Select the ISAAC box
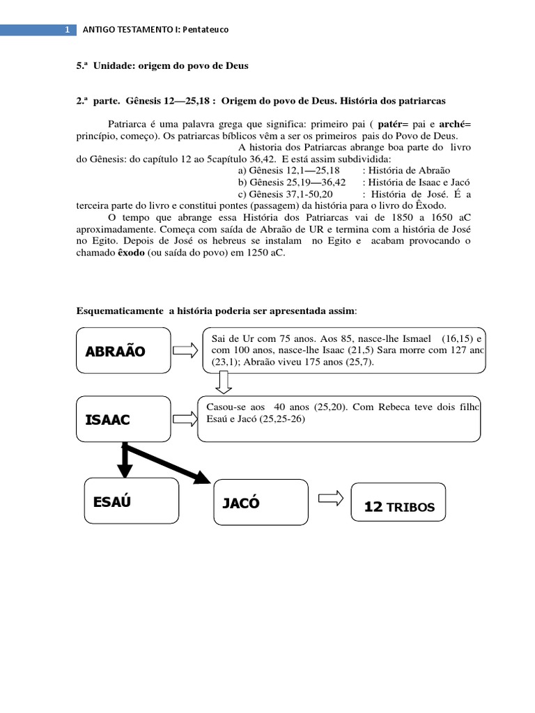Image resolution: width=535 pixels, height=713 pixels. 123,419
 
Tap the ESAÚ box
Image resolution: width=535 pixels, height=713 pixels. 130,501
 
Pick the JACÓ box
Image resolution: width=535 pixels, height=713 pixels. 261,502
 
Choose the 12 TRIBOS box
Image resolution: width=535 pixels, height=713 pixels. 398,502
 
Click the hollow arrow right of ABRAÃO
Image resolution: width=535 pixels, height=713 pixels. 185,350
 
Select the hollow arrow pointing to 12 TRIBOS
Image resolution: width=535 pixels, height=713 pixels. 330,499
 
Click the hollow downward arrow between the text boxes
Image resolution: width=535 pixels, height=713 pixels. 224,382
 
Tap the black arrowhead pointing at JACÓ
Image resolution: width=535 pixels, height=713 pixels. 201,477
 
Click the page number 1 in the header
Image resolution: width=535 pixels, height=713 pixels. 67,30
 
